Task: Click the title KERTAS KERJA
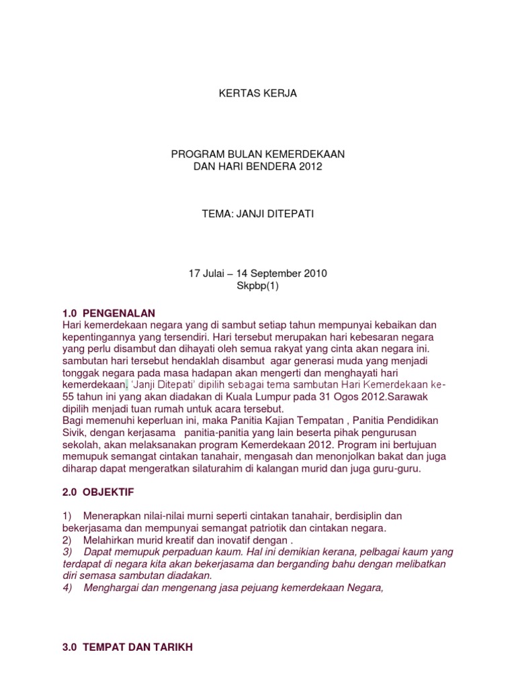click(x=258, y=94)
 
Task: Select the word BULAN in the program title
click(x=232, y=154)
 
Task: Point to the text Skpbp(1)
click(x=258, y=286)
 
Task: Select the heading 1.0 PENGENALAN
click(x=107, y=313)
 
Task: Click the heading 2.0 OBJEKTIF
click(x=97, y=492)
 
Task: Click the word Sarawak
click(x=388, y=397)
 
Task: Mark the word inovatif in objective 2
click(x=229, y=539)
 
